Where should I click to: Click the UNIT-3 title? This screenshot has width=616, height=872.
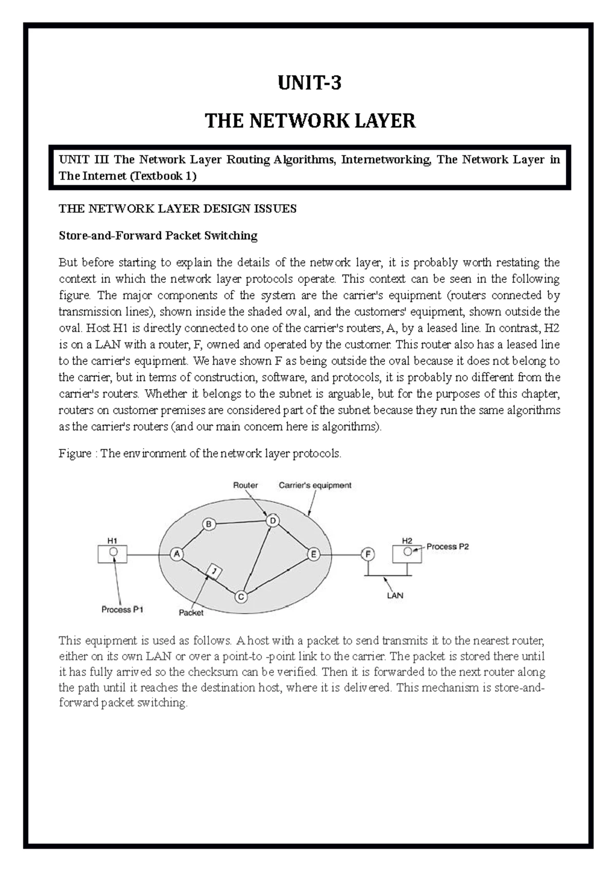tap(309, 83)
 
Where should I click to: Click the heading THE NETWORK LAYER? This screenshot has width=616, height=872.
tap(310, 121)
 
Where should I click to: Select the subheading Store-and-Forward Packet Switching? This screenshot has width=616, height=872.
tap(158, 236)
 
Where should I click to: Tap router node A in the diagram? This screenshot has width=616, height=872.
tap(177, 554)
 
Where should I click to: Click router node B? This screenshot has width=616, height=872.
tap(209, 524)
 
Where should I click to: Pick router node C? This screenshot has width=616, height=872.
tap(241, 597)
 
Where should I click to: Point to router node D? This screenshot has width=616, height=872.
tap(273, 521)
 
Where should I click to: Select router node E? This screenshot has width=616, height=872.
tap(313, 554)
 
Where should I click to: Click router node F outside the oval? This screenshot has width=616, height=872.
tap(368, 554)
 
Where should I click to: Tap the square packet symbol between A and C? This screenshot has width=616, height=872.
tap(215, 571)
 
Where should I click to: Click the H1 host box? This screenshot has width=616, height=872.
tap(112, 554)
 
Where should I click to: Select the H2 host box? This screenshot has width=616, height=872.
tap(407, 553)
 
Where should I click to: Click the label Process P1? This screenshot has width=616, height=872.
tap(122, 610)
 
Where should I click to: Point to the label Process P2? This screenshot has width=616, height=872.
tap(447, 546)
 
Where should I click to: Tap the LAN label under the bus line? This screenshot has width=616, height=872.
tap(395, 596)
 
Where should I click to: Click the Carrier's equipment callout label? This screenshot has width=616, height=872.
tap(315, 485)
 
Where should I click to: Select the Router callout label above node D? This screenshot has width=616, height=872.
tap(245, 485)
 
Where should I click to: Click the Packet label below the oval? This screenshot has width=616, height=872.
tap(191, 612)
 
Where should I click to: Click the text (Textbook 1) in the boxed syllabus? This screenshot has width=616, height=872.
tap(163, 176)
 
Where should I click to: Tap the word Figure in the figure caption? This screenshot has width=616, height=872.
tap(75, 453)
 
